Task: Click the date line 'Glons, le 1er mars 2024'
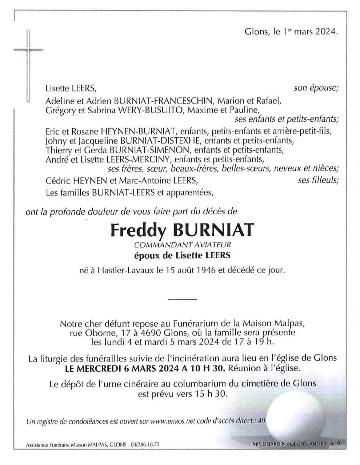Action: (x=291, y=32)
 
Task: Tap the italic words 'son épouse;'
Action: (x=316, y=88)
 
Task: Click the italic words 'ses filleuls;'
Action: (x=318, y=180)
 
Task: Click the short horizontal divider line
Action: (x=182, y=299)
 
